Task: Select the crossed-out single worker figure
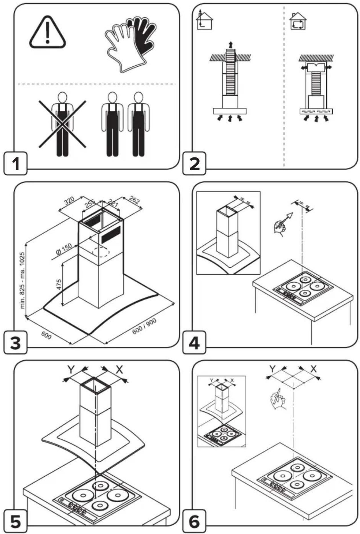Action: tap(62, 124)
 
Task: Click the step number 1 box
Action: tap(15, 163)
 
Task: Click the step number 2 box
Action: tap(194, 163)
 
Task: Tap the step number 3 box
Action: tap(15, 342)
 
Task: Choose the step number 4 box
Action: tap(194, 342)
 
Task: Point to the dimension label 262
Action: tap(134, 200)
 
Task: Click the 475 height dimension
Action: tap(59, 284)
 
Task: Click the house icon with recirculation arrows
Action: tap(298, 21)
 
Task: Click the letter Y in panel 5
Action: tap(71, 370)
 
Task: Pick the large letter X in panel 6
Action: tap(313, 369)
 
